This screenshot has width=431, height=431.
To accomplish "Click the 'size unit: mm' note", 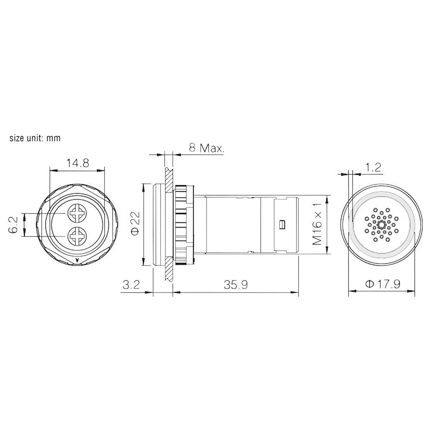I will click(35, 138).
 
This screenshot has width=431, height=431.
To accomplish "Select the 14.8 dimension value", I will click(78, 163).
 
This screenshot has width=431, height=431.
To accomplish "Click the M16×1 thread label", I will click(318, 225).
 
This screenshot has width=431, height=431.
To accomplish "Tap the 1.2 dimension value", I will click(373, 168).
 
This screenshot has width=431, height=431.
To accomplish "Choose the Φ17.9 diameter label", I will click(383, 284).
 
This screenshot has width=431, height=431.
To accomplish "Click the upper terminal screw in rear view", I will click(78, 213).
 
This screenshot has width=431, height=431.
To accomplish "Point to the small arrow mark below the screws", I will click(77, 260).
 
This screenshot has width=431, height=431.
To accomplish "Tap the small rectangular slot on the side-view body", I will click(282, 225).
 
